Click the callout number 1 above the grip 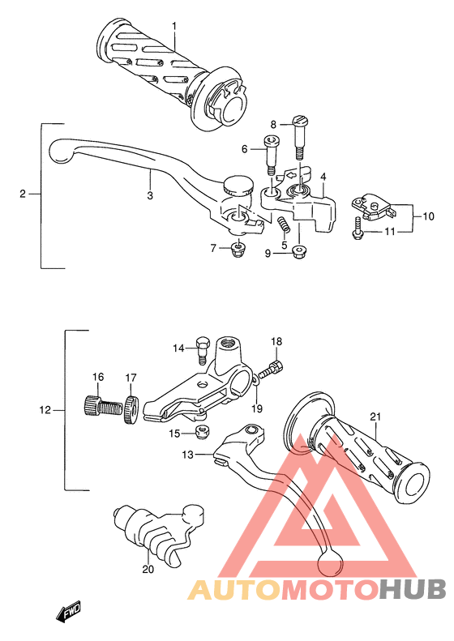click(x=174, y=26)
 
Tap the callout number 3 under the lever click(x=150, y=195)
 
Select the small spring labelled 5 click(x=283, y=226)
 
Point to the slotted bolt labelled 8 click(x=300, y=139)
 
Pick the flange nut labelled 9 click(x=299, y=253)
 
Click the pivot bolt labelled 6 click(x=272, y=156)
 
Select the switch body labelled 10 click(x=373, y=207)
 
